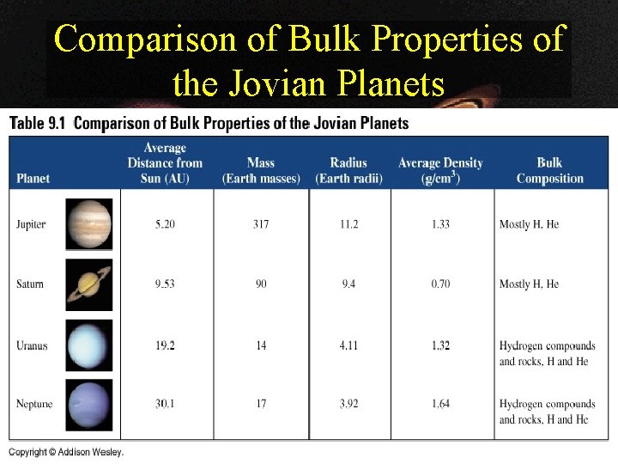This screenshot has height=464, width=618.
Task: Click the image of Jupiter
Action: click(88, 223)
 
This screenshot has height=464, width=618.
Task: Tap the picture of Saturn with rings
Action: click(88, 284)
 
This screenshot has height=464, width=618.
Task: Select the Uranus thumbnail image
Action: click(88, 345)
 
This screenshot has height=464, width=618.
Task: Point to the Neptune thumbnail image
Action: click(88, 405)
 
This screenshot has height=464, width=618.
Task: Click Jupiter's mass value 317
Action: click(261, 224)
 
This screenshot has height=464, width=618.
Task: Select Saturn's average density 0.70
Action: click(440, 284)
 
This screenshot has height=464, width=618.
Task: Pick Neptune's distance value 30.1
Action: click(165, 404)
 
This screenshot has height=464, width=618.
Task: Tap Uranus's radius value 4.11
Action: click(348, 345)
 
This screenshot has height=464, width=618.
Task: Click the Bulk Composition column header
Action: click(549, 170)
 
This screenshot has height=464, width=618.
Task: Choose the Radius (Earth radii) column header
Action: click(348, 170)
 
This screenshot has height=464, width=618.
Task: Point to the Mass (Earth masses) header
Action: click(261, 170)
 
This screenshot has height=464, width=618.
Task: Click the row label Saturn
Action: click(30, 284)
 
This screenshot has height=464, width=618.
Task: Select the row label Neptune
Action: click(33, 404)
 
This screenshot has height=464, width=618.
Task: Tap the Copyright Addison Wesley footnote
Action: click(66, 452)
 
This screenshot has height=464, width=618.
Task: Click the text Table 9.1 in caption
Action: click(37, 124)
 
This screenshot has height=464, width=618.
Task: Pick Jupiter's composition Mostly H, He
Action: click(529, 224)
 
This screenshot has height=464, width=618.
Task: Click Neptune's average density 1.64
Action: click(440, 404)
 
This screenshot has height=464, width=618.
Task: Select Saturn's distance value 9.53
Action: click(165, 284)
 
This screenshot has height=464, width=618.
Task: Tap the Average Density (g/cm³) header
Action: click(440, 170)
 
